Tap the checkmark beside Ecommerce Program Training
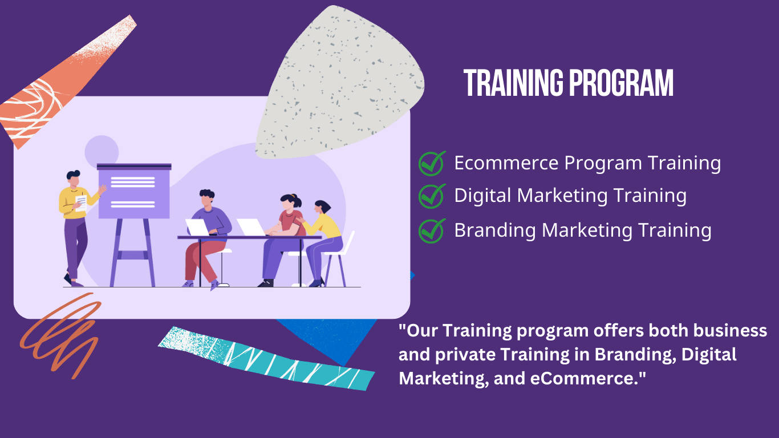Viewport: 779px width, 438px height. pyautogui.click(x=432, y=163)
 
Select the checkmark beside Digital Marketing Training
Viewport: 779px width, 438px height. pyautogui.click(x=432, y=196)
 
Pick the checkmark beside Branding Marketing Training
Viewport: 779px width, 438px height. pyautogui.click(x=432, y=230)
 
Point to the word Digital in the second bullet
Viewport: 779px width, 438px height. pyautogui.click(x=483, y=196)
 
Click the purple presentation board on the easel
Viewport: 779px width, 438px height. pyautogui.click(x=134, y=192)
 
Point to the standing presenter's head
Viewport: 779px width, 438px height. pyautogui.click(x=73, y=178)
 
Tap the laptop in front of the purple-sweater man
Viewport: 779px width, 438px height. pyautogui.click(x=197, y=228)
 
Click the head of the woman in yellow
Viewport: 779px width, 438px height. pyautogui.click(x=322, y=208)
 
